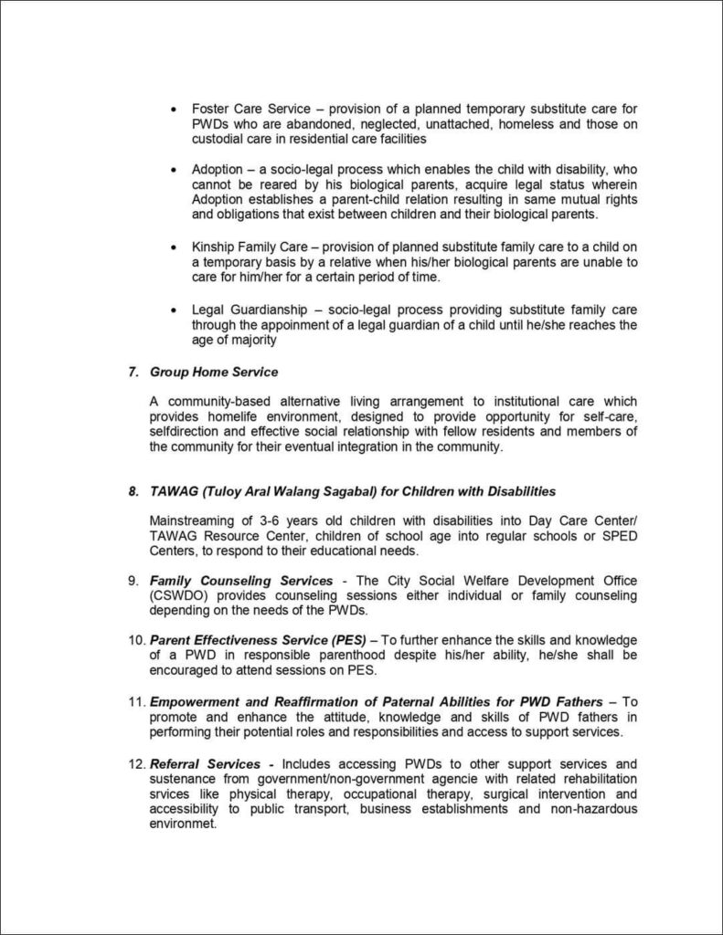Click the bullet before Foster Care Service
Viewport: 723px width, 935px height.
click(x=175, y=109)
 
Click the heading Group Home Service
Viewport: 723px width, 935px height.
click(x=214, y=373)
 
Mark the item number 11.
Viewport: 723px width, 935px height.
click(x=135, y=701)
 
